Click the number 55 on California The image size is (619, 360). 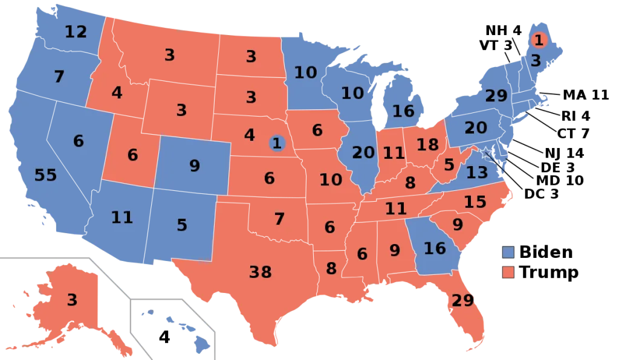pyautogui.click(x=45, y=176)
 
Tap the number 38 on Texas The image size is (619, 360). pyautogui.click(x=261, y=272)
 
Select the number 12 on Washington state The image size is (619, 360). pyautogui.click(x=76, y=31)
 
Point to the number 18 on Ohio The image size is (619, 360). pyautogui.click(x=427, y=145)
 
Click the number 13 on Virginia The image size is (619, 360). pyautogui.click(x=476, y=173)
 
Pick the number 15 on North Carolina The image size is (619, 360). pyautogui.click(x=475, y=202)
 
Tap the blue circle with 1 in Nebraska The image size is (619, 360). pyautogui.click(x=277, y=143)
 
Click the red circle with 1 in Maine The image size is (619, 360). pyautogui.click(x=538, y=40)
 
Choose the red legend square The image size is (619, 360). pyautogui.click(x=508, y=272)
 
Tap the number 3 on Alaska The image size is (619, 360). pyautogui.click(x=72, y=300)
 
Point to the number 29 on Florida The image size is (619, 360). pyautogui.click(x=462, y=300)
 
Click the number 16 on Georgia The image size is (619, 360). pyautogui.click(x=435, y=248)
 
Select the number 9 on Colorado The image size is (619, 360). pyautogui.click(x=194, y=165)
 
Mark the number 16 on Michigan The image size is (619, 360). pyautogui.click(x=403, y=111)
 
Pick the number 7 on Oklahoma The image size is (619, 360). pyautogui.click(x=279, y=219)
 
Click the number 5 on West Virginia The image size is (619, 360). pyautogui.click(x=449, y=164)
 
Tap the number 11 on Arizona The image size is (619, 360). pyautogui.click(x=122, y=217)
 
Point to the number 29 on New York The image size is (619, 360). pyautogui.click(x=496, y=95)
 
